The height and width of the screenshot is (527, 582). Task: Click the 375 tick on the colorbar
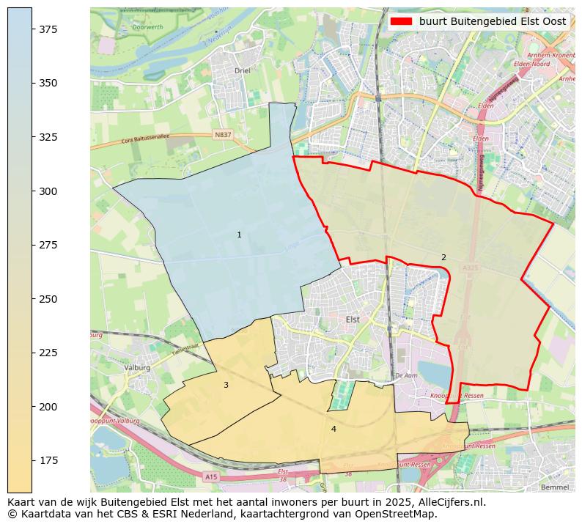32,29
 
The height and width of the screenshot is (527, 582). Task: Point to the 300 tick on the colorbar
32,191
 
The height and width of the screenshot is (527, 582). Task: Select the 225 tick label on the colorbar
48,353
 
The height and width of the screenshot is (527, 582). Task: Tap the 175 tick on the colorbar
32,460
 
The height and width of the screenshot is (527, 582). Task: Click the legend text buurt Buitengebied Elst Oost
492,21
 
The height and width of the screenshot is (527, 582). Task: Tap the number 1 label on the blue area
239,235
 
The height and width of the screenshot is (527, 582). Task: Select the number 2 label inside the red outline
443,257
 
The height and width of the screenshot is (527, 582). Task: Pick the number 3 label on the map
226,385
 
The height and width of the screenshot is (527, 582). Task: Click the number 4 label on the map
334,429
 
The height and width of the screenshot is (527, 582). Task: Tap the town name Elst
353,320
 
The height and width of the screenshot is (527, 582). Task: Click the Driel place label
242,71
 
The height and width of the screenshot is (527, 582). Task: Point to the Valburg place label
137,367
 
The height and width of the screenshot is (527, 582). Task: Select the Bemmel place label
553,487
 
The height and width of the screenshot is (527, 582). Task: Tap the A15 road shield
211,476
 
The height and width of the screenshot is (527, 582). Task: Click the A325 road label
470,268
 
